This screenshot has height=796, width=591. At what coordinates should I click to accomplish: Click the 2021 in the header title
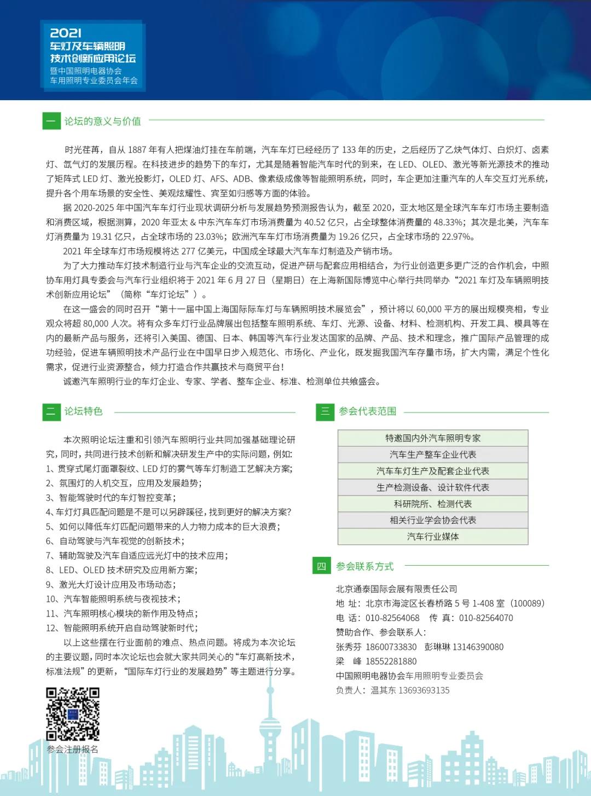(x=66, y=33)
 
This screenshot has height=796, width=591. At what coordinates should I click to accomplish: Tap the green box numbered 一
(x=51, y=121)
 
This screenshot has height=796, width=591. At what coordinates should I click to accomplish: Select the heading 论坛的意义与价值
(x=102, y=121)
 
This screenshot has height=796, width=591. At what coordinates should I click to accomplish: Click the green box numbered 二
(x=51, y=411)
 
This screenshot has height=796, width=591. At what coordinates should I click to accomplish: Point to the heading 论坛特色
(x=83, y=411)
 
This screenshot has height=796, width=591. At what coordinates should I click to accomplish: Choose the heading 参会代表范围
(x=367, y=411)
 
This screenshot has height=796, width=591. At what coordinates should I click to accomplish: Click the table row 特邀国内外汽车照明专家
(x=433, y=438)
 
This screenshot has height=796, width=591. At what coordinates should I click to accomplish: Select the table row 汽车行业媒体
(x=433, y=537)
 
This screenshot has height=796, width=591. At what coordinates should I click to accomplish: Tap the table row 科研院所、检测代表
(x=433, y=504)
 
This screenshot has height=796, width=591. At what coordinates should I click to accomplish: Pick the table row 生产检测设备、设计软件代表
(x=433, y=487)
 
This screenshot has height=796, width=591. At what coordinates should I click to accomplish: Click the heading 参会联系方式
(x=364, y=566)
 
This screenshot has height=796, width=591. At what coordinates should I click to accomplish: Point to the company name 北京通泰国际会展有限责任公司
(x=396, y=589)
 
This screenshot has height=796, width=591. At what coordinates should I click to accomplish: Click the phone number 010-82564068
(x=392, y=618)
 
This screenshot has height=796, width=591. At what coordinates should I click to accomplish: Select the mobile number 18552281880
(x=391, y=661)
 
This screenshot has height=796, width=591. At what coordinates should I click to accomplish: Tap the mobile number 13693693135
(x=424, y=690)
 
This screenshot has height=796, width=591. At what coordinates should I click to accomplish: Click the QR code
(x=73, y=714)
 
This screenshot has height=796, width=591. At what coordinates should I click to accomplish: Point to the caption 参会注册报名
(x=73, y=749)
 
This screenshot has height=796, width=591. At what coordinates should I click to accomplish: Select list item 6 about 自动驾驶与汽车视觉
(x=114, y=541)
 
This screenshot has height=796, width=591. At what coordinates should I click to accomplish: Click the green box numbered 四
(x=321, y=566)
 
